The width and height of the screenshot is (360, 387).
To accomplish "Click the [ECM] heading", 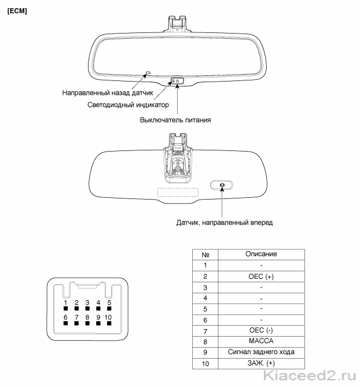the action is [x=17, y=11].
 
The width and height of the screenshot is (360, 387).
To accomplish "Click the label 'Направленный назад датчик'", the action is [x=108, y=93].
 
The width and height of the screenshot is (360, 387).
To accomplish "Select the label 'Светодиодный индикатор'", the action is [x=128, y=105].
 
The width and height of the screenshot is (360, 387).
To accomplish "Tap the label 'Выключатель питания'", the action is [x=175, y=120].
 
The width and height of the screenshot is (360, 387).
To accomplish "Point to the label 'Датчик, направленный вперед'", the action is [x=225, y=223].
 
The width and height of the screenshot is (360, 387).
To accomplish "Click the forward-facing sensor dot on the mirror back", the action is [x=222, y=185].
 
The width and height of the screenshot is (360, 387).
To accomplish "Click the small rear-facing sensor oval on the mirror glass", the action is [x=148, y=73].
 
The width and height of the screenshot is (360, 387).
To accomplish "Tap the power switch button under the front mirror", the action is [x=177, y=81].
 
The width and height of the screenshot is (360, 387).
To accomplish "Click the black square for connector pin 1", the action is [x=65, y=308].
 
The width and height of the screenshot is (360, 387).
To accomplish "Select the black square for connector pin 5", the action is [x=109, y=308].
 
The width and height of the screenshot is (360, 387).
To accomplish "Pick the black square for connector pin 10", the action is [x=109, y=323].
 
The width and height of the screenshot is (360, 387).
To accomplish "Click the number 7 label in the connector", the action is [x=76, y=317].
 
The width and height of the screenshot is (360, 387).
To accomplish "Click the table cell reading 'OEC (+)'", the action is [x=261, y=277].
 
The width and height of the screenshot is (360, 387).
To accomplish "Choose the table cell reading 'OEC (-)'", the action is [x=261, y=330].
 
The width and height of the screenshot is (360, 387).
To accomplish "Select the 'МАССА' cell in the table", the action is [x=261, y=341].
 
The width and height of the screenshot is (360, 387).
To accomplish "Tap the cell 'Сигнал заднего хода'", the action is [x=261, y=352].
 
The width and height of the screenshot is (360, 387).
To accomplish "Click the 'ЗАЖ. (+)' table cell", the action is [x=261, y=363].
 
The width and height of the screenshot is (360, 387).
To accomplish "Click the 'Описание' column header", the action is [x=261, y=254].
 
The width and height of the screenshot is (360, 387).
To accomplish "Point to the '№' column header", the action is [x=205, y=255].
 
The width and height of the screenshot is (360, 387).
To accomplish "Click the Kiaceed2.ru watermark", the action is [x=310, y=376].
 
